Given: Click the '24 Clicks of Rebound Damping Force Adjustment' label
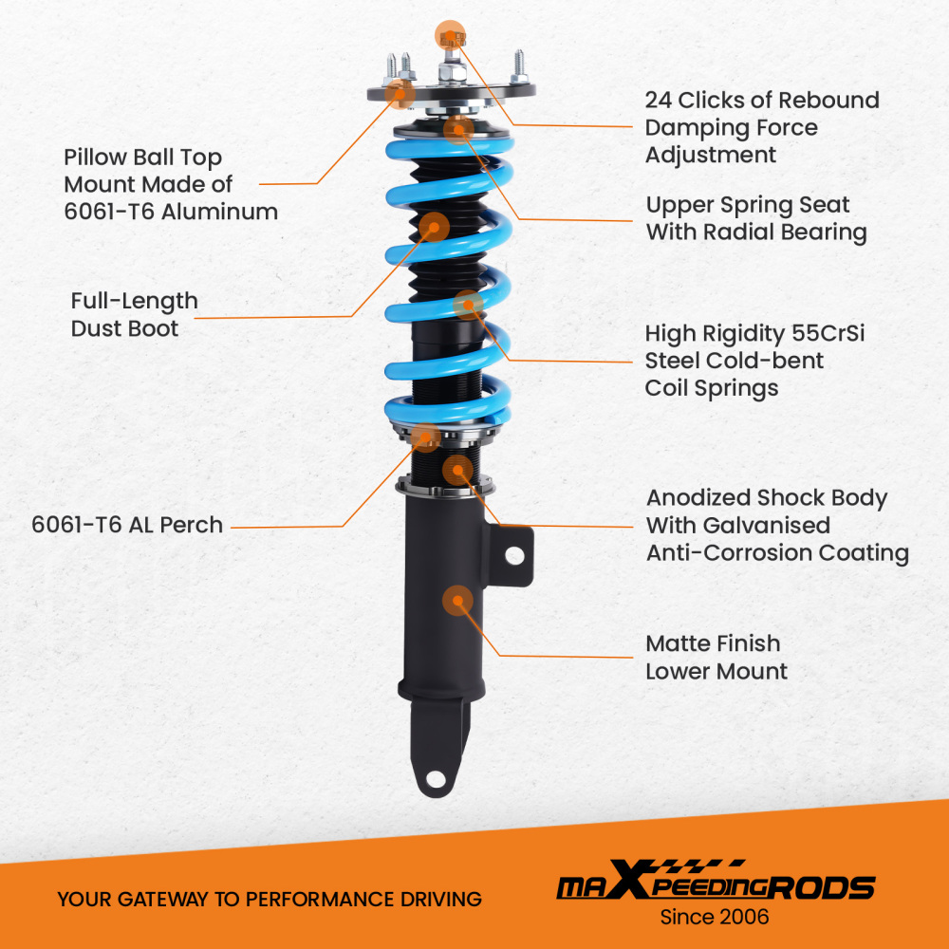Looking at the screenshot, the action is tap(762, 127).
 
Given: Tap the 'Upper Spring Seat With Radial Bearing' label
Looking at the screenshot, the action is tap(756, 218).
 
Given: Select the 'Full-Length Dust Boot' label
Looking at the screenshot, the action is tap(135, 315).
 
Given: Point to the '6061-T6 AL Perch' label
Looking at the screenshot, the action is tap(127, 525).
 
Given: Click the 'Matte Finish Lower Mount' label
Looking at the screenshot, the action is tap(716, 658).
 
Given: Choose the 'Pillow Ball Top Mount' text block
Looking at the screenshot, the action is tap(171, 184).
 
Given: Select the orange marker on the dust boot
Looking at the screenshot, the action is tap(434, 227).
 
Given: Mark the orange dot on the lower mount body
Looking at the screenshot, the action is tap(457, 601).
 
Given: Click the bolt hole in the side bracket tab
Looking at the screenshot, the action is tap(514, 555).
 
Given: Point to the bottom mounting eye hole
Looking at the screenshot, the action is tap(435, 778).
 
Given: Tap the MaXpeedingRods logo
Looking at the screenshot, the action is tap(716, 882).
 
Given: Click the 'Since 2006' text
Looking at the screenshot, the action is tap(715, 917).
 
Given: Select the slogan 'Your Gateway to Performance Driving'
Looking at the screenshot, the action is tap(270, 900).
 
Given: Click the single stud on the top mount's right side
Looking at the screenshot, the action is tap(519, 66).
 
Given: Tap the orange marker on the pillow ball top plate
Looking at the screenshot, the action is tap(400, 94).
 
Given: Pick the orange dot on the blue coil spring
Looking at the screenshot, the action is tap(468, 305).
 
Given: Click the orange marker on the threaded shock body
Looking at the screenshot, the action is tap(457, 471).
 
